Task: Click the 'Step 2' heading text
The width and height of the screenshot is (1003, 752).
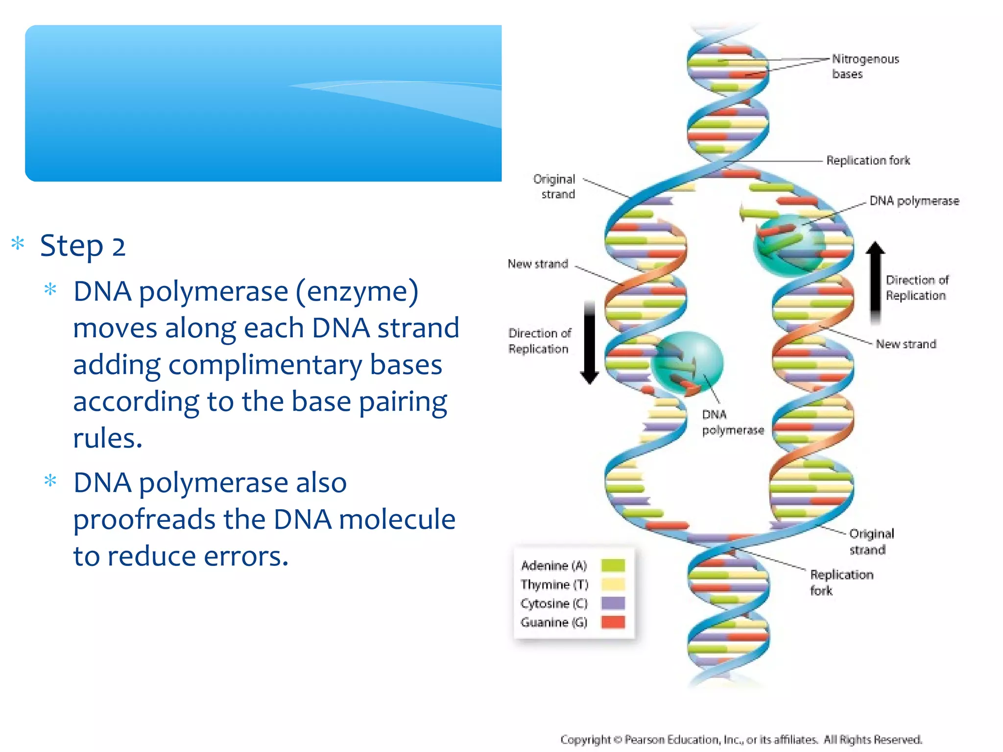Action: coord(82,246)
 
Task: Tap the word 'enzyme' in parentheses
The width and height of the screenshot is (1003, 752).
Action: coord(357,292)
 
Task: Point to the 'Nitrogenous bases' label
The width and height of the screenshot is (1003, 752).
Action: coord(865,67)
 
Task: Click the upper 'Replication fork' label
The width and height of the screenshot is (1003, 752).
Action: coord(868,161)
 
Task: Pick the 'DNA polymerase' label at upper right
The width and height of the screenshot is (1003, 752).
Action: coord(914,201)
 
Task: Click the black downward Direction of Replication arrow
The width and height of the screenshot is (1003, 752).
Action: coord(590,343)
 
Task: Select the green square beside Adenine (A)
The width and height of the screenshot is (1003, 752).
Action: coord(613,565)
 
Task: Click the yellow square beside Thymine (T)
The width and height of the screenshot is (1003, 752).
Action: coord(613,585)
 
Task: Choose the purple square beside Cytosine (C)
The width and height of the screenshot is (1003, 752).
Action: coord(613,603)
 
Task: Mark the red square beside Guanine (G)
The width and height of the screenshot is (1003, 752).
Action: coord(613,622)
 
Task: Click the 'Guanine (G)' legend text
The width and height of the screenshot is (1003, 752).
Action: coord(554,623)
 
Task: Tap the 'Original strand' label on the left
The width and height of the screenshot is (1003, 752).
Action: coord(555,187)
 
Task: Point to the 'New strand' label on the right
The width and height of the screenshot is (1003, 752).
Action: coord(906,345)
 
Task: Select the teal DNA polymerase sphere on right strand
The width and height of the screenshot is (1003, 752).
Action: coord(788,245)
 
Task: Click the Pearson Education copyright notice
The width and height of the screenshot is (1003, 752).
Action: coord(741,739)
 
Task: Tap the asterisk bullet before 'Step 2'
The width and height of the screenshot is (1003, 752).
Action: coord(18,243)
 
